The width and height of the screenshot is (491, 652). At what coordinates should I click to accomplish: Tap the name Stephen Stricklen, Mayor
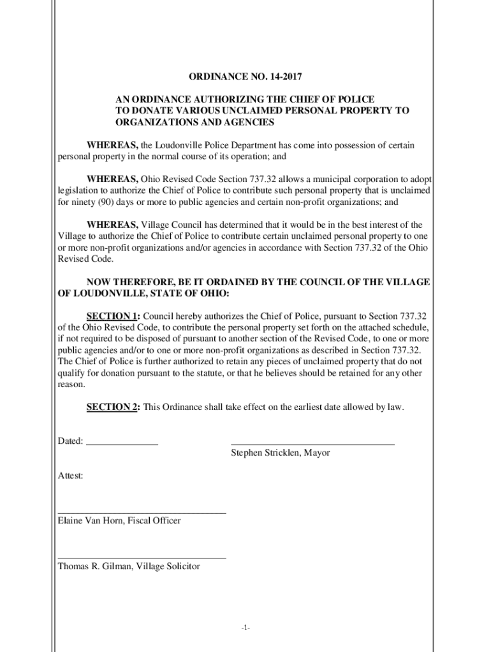click(x=280, y=453)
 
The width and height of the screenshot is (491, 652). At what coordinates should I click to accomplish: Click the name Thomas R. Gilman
click(x=95, y=566)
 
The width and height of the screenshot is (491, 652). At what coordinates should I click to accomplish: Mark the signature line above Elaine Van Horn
click(x=142, y=512)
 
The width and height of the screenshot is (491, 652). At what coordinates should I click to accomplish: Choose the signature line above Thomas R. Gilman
click(x=142, y=558)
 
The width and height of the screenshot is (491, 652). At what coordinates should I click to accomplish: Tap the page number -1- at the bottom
click(x=246, y=628)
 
